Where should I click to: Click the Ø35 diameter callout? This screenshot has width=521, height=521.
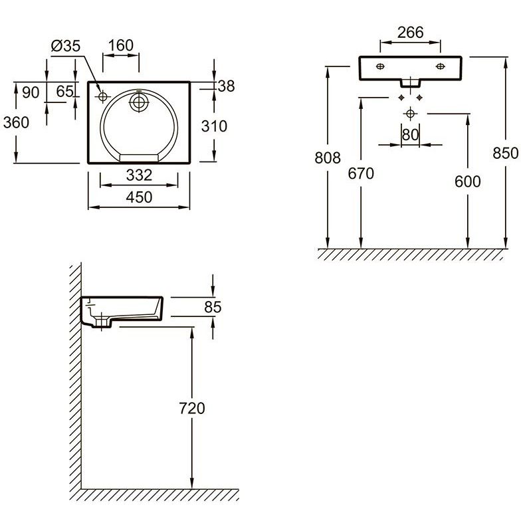pyautogui.click(x=66, y=46)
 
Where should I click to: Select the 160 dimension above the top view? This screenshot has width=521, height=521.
pyautogui.click(x=121, y=45)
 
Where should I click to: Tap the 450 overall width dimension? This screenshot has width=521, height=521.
pyautogui.click(x=140, y=197)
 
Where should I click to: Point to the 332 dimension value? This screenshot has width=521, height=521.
pyautogui.click(x=140, y=175)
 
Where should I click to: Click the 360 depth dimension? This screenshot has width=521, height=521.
pyautogui.click(x=16, y=122)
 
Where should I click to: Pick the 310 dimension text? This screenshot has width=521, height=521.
pyautogui.click(x=214, y=126)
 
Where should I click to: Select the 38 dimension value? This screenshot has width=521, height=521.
pyautogui.click(x=226, y=86)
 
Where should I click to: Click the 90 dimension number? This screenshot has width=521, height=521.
pyautogui.click(x=31, y=92)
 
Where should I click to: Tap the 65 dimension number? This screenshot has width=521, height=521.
pyautogui.click(x=65, y=92)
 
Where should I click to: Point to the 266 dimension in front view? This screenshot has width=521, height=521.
pyautogui.click(x=411, y=32)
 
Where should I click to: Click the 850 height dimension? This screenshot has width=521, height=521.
pyautogui.click(x=505, y=153)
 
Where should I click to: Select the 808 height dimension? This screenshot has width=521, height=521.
pyautogui.click(x=328, y=158)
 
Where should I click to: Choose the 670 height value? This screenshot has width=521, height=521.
pyautogui.click(x=361, y=173)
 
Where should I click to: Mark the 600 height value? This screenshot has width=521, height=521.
pyautogui.click(x=468, y=181)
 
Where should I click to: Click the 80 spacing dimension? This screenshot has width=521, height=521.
pyautogui.click(x=411, y=135)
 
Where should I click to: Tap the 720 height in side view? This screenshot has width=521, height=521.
pyautogui.click(x=191, y=408)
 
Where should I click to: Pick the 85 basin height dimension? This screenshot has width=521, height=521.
pyautogui.click(x=213, y=307)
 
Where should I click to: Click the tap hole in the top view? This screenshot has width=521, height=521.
pyautogui.click(x=102, y=97)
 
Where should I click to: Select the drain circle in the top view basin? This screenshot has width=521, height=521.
pyautogui.click(x=139, y=102)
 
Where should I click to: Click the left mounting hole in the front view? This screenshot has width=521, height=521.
pyautogui.click(x=380, y=66)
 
